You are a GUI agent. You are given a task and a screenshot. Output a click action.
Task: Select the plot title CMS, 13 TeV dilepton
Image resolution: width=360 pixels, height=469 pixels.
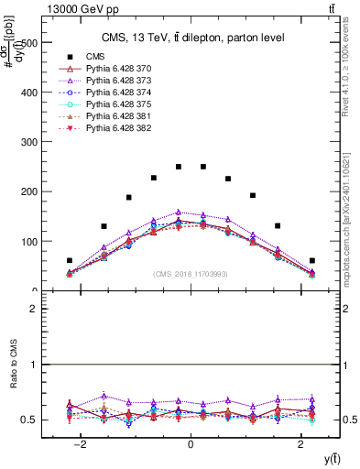tap(191, 38)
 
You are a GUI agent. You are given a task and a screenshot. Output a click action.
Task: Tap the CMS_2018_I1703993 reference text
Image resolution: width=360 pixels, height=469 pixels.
tap(191, 274)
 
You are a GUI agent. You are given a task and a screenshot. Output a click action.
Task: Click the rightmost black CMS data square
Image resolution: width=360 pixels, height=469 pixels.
tap(312, 260)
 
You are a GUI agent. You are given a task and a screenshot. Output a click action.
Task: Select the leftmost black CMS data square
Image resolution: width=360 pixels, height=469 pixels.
tap(70, 260)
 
